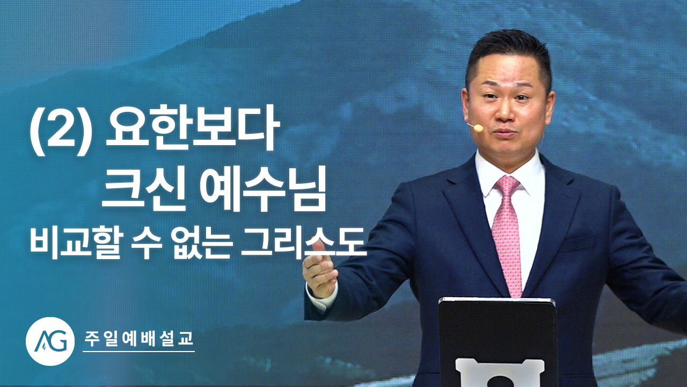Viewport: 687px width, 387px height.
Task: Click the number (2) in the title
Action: coord(61,130)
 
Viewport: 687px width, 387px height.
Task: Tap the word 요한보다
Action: coord(192,128)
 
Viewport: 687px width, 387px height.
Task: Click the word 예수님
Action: coord(263,189)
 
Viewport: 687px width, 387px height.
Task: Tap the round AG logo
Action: coord(50,341)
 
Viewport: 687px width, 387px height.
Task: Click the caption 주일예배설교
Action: coord(138,339)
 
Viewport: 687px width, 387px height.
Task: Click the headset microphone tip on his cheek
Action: coord(478,127)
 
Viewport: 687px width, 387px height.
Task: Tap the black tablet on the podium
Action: coord(498,341)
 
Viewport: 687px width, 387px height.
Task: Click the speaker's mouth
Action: coord(506,133)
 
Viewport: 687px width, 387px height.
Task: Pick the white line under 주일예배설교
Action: coord(138,352)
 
